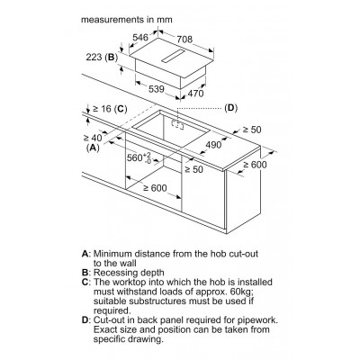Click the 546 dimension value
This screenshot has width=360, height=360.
pos(140,37)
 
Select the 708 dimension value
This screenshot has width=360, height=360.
pos(184,39)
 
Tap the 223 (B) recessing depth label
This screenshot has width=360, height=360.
pos(102,57)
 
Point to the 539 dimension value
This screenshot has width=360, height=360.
pos(157,89)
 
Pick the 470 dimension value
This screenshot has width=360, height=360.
pos(195,94)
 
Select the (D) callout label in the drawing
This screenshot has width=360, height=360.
pos(230,108)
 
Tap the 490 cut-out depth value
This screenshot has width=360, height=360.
pos(213,145)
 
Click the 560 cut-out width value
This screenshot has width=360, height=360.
pos(139,157)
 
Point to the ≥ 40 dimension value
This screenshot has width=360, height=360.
pos(93,138)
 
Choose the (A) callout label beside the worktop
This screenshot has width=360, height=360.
pos(93,148)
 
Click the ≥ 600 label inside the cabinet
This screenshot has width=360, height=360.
pos(155,188)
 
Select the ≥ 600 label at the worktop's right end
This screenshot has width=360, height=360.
pos(255,165)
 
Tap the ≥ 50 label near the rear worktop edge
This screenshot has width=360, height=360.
pos(252,130)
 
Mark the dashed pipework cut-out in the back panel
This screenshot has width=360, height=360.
pos(177,125)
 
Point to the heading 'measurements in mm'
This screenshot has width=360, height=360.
pos(127,20)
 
